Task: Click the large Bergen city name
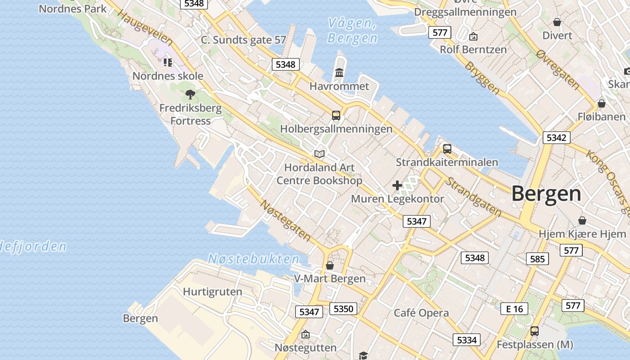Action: pos(546,194)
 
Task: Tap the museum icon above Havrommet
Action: pos(339,73)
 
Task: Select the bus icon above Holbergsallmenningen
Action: pos(336,115)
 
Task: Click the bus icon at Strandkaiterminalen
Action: pos(447,148)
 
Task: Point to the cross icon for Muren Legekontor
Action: pos(397,185)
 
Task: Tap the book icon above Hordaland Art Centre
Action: pos(319,154)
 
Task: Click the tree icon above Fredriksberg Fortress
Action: pos(190,94)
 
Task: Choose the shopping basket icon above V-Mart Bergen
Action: pos(330,265)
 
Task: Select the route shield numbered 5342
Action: pos(556,138)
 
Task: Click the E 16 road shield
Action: pos(514,309)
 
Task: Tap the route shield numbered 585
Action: pos(537,259)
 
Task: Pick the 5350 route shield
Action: pos(344,309)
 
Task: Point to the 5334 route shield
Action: pos(466,340)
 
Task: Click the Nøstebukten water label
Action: pos(253,259)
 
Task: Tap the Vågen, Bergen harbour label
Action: pos(352,31)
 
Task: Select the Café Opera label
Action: pos(421,313)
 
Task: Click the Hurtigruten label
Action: pos(212,292)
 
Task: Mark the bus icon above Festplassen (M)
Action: pos(534,331)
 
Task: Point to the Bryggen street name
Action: pos(482,78)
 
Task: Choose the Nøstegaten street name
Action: pos(286,220)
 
